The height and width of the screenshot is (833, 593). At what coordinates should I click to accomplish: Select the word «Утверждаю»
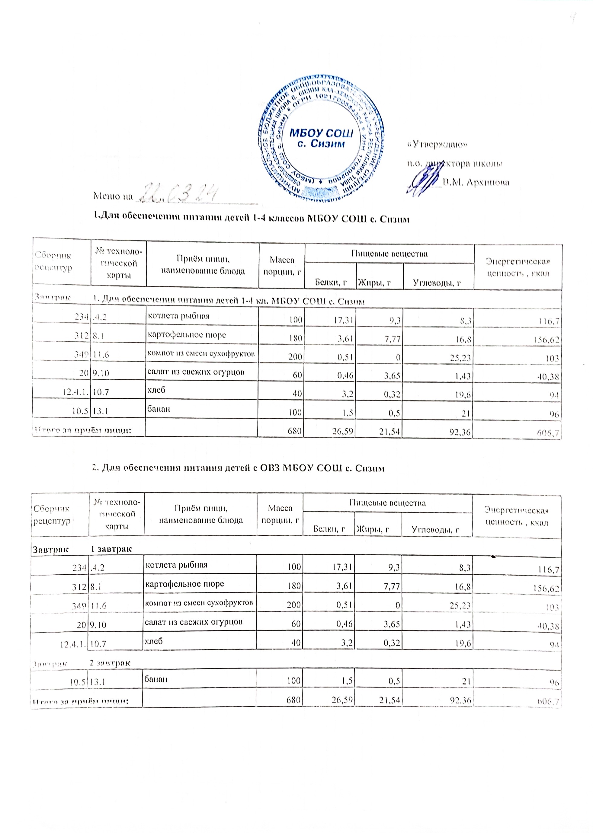click(438, 145)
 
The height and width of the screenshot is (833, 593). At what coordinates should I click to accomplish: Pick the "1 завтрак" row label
click(111, 549)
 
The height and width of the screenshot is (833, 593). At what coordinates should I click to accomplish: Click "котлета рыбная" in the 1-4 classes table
click(178, 316)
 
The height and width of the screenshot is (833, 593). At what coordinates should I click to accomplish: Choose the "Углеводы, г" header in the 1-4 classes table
click(437, 282)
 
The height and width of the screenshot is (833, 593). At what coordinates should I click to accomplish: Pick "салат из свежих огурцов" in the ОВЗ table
click(194, 622)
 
